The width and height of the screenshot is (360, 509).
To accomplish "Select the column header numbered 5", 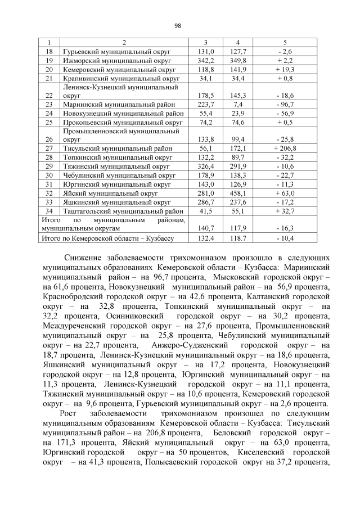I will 285,43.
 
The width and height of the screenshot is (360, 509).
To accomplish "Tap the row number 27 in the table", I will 49,148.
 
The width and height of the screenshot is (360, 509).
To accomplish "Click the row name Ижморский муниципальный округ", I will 117,60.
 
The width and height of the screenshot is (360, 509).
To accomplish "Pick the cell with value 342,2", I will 206,60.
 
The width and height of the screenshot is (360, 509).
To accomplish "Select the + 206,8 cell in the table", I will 285,148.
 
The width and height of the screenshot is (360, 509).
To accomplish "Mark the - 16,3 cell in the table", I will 285,229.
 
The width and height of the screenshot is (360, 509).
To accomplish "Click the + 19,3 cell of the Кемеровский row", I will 285,69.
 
